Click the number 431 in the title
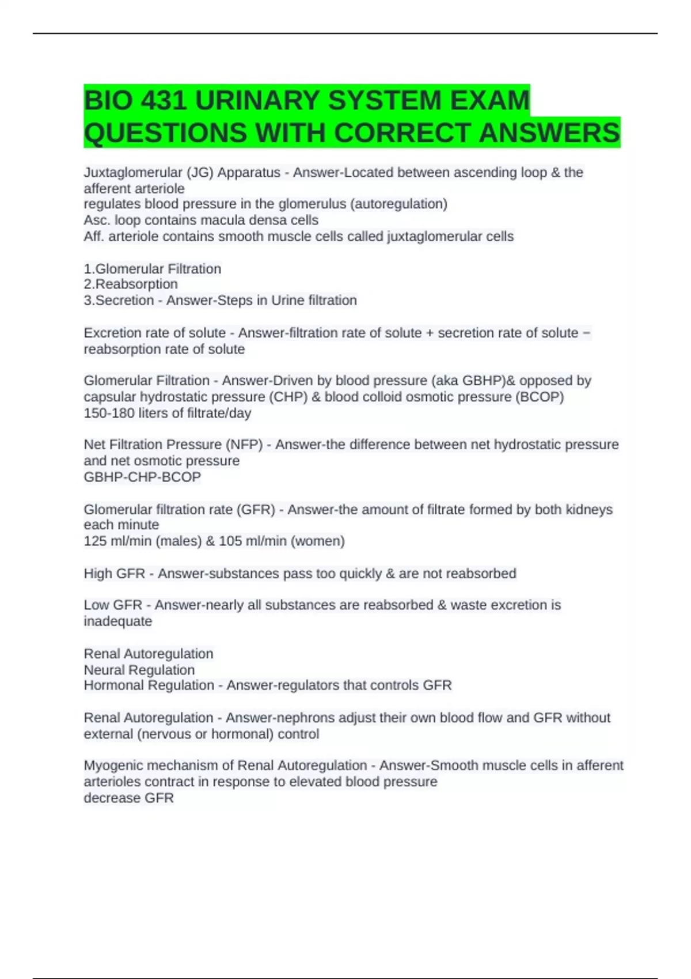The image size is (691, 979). point(164,101)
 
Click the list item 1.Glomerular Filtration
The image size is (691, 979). point(153,269)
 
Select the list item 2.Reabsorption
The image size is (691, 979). point(131,284)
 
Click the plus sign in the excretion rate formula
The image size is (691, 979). point(430,333)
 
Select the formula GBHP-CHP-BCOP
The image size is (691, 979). point(142,477)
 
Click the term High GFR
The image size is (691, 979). point(114,574)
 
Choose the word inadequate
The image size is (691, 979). point(118,621)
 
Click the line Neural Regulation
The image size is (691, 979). point(139,670)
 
